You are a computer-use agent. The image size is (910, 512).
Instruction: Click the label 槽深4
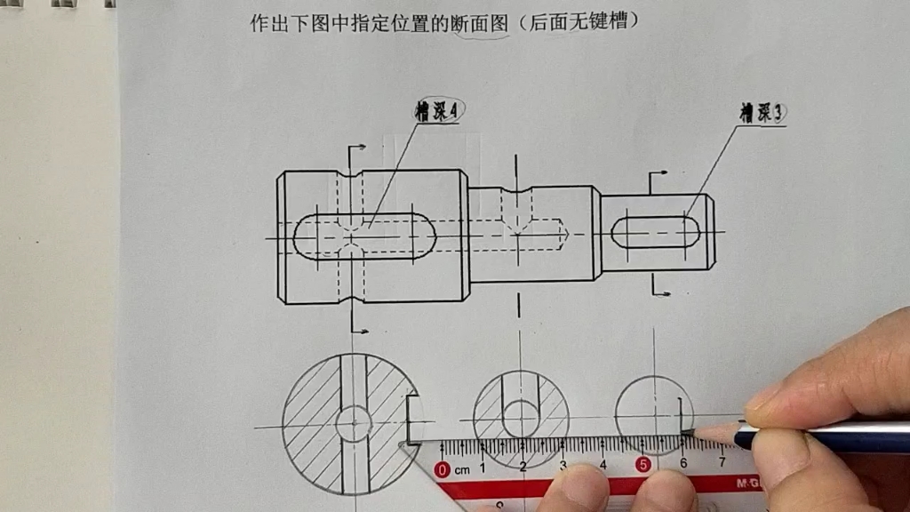click(x=440, y=111)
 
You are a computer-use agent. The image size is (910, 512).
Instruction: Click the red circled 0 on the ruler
click(x=443, y=468)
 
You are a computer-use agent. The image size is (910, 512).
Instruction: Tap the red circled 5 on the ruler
click(x=643, y=465)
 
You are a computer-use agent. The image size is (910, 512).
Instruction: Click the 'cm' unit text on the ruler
click(x=462, y=468)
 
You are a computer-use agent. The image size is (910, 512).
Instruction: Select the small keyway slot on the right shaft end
click(x=656, y=232)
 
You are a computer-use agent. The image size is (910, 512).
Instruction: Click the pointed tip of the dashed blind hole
click(x=565, y=234)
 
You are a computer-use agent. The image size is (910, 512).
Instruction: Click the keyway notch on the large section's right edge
click(x=411, y=419)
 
